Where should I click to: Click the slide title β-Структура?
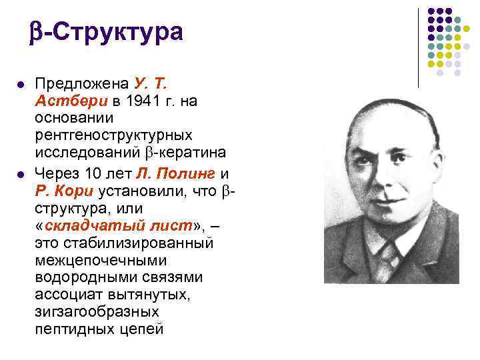coord(106,33)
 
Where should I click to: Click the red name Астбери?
coord(71,101)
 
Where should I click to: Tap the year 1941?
coord(143,101)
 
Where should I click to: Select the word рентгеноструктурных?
coord(114,135)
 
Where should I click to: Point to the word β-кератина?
coord(185,153)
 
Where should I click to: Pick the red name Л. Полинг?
coord(175,173)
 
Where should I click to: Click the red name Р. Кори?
coord(64,191)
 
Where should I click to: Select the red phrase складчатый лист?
coord(119,226)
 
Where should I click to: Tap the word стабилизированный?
coord(139,243)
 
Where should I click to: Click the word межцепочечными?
coord(101,261)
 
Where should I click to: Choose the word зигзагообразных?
coord(97,312)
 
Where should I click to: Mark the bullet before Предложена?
coord(21,85)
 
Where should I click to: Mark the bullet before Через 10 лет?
coord(21,175)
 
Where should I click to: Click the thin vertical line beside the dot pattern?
coord(418,48)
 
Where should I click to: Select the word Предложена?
coord(82,83)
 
